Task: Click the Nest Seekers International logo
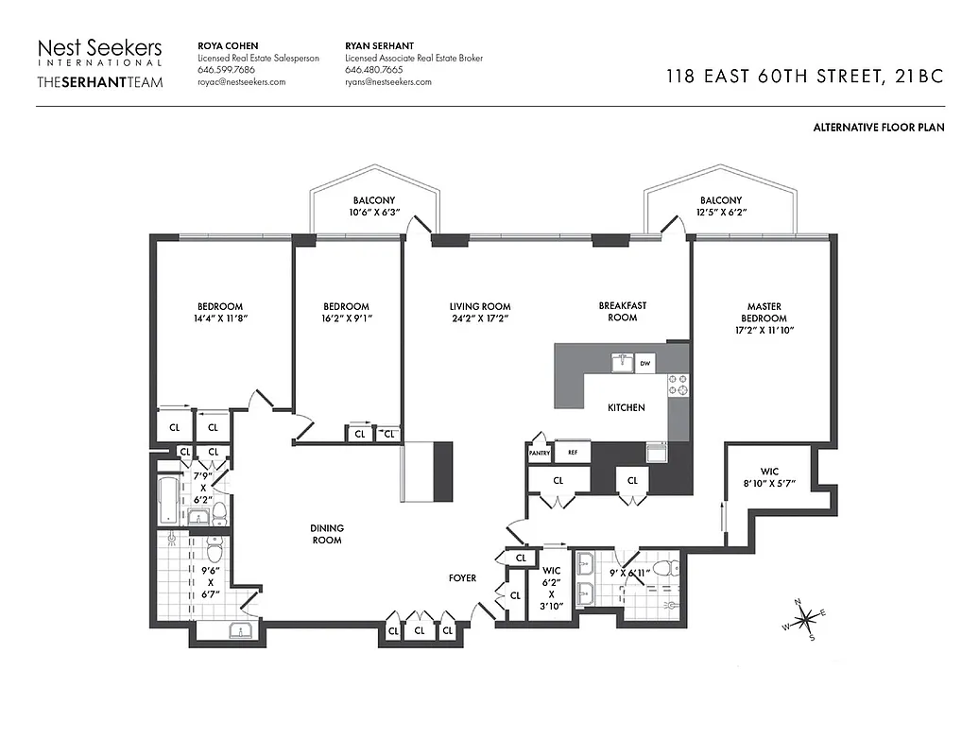[x=99, y=63]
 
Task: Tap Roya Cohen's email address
[x=241, y=82]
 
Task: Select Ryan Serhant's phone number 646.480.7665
[x=374, y=70]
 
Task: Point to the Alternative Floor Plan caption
[x=878, y=127]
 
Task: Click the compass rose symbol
[x=805, y=621]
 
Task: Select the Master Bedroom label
[x=764, y=312]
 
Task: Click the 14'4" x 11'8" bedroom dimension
[x=219, y=318]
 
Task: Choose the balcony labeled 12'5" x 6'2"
[x=720, y=207]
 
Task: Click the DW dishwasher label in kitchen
[x=644, y=363]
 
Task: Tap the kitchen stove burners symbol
[x=678, y=385]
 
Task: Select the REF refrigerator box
[x=572, y=453]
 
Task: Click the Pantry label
[x=539, y=454]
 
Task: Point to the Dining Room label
[x=327, y=534]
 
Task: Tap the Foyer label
[x=462, y=577]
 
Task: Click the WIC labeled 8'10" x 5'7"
[x=768, y=476]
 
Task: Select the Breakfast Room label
[x=622, y=311]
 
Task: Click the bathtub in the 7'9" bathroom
[x=168, y=501]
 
